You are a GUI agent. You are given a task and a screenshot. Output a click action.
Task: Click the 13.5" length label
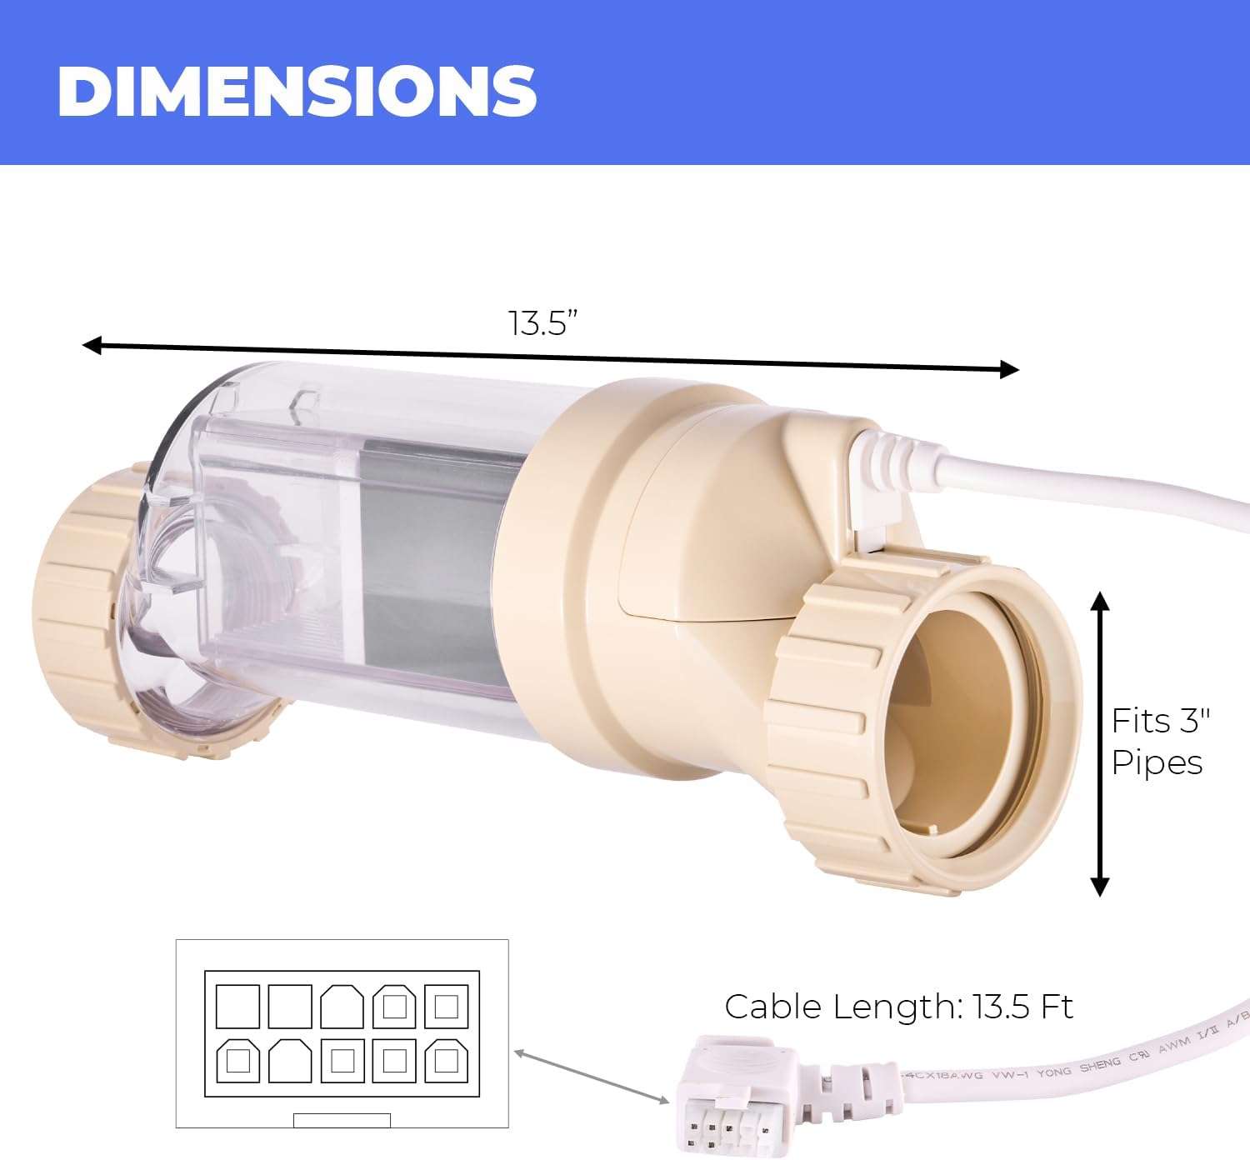pyautogui.click(x=543, y=322)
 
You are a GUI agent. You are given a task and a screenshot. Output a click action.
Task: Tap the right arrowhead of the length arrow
pyautogui.click(x=1009, y=369)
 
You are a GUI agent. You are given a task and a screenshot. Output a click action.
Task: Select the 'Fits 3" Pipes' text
pyautogui.click(x=1160, y=742)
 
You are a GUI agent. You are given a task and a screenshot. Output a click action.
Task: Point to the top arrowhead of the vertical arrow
pyautogui.click(x=1100, y=602)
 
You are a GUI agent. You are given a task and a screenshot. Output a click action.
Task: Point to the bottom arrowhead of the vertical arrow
pyautogui.click(x=1100, y=886)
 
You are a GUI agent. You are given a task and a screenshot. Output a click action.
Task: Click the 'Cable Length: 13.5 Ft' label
pyautogui.click(x=898, y=1007)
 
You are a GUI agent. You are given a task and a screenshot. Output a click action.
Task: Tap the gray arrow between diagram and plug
pyautogui.click(x=592, y=1078)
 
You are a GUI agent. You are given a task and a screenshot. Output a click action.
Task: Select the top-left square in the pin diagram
pyautogui.click(x=237, y=1007)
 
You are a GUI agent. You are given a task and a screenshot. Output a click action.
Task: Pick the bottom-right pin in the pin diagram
pyautogui.click(x=446, y=1060)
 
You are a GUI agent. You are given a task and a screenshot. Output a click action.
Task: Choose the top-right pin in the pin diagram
pyautogui.click(x=446, y=1007)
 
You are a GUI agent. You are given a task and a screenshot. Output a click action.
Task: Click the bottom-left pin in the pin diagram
pyautogui.click(x=237, y=1060)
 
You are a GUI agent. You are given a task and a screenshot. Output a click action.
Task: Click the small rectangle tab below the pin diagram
pyautogui.click(x=342, y=1120)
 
